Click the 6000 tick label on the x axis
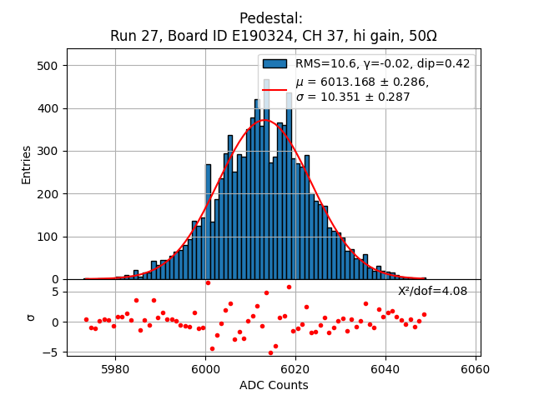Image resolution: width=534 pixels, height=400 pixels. point(205,369)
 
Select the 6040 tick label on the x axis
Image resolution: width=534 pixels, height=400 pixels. point(385,369)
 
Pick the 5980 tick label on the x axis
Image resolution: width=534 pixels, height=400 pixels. point(115,369)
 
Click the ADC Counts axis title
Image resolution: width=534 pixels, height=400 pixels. point(274,385)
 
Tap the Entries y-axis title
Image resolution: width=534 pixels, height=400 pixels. point(27,164)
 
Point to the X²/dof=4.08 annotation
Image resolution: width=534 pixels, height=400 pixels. point(432,292)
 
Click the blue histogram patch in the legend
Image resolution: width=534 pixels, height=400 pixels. point(275,63)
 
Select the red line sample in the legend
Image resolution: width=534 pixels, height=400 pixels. point(275,89)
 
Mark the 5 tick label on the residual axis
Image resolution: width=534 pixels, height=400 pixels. point(53,292)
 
